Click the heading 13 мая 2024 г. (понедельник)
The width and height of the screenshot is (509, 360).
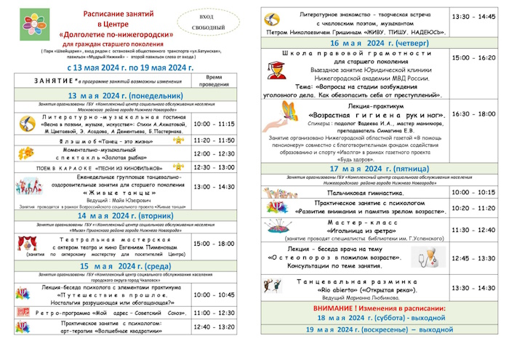click(125, 95)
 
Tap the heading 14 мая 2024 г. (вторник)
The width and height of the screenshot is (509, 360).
click(124, 215)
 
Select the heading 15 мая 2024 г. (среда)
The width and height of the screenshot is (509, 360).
click(124, 265)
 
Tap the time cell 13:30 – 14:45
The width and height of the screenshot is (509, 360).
click(473, 15)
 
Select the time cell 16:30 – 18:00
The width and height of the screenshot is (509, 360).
click(473, 114)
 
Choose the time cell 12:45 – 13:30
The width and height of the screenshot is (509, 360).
click(473, 258)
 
